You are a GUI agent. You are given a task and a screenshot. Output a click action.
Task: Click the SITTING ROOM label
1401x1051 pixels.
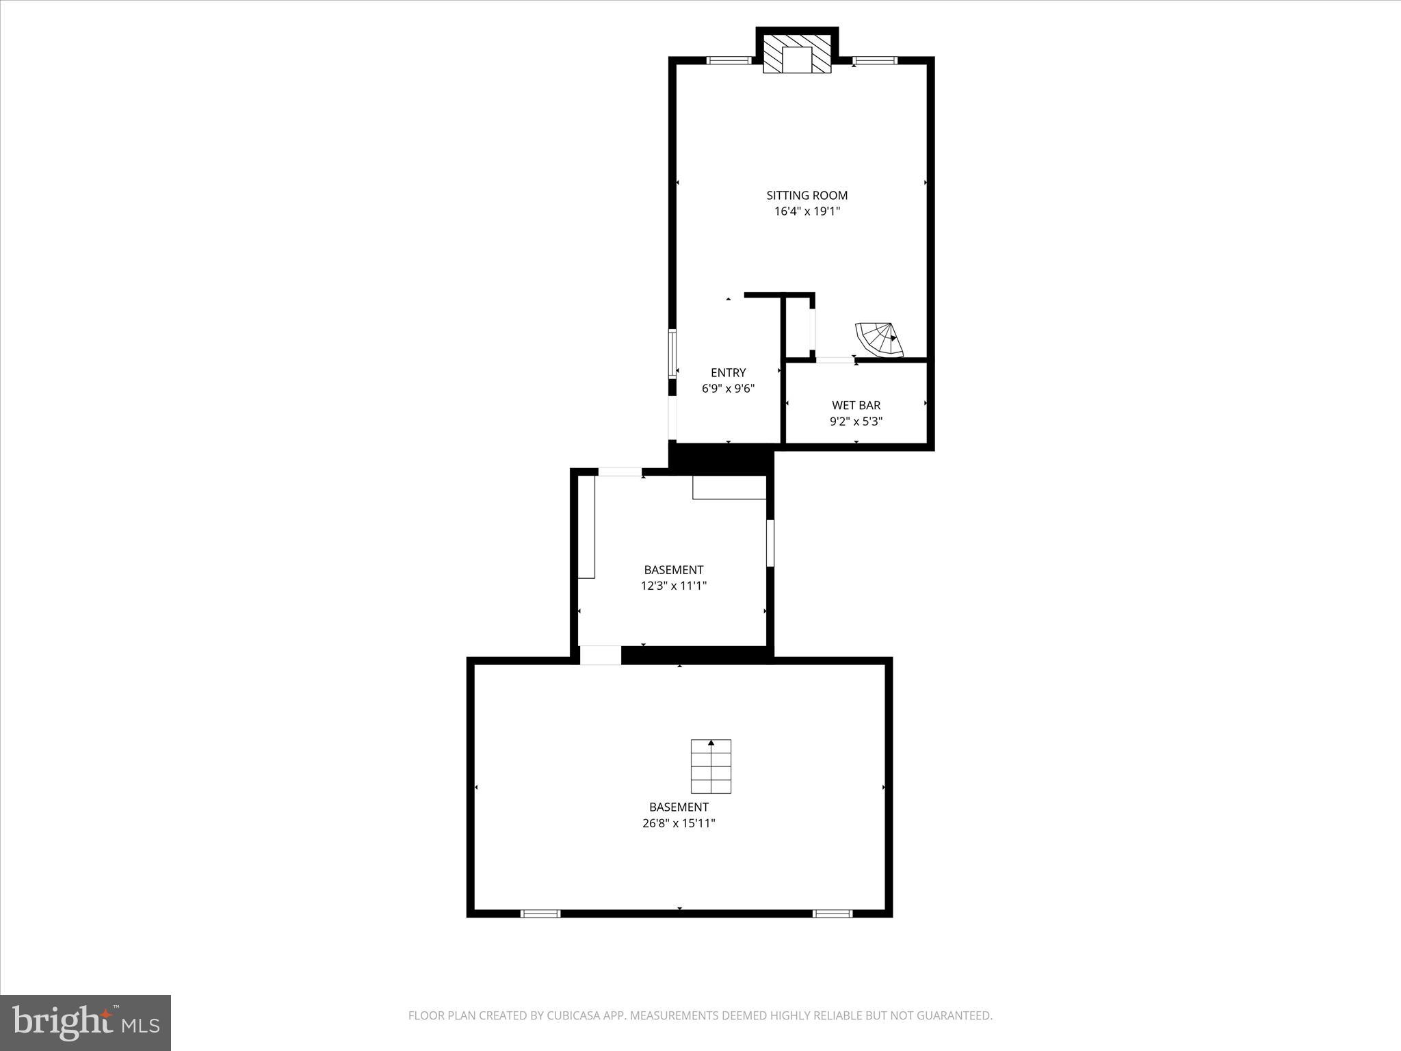[807, 195]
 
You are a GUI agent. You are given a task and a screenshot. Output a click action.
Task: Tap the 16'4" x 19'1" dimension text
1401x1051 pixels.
[807, 211]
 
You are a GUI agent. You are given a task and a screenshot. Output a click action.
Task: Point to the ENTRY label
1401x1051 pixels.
[728, 373]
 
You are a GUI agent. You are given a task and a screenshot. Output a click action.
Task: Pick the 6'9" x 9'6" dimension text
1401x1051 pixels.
[728, 389]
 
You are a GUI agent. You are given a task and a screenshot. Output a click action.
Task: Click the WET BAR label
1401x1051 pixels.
[856, 405]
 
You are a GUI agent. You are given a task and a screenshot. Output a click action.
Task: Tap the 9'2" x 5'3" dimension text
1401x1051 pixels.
[856, 421]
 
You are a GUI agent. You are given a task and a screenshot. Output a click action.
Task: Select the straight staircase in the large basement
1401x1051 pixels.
[711, 766]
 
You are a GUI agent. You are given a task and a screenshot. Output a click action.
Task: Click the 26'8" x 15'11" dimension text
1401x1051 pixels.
[679, 823]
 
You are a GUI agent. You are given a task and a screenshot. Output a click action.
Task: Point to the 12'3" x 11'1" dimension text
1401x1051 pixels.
[673, 586]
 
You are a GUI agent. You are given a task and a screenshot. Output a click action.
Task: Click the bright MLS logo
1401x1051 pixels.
[86, 1022]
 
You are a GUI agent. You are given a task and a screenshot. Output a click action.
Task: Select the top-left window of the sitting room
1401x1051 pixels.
[729, 60]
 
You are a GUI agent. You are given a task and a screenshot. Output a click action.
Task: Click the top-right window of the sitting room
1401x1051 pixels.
[875, 60]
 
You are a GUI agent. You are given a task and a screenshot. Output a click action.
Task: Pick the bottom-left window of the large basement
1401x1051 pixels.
[540, 913]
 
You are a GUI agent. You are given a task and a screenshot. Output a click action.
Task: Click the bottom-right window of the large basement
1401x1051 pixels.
[833, 913]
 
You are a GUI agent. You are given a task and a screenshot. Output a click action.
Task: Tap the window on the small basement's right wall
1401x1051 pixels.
[770, 543]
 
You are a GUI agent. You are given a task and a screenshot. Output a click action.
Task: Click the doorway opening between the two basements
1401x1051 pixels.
[600, 655]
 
